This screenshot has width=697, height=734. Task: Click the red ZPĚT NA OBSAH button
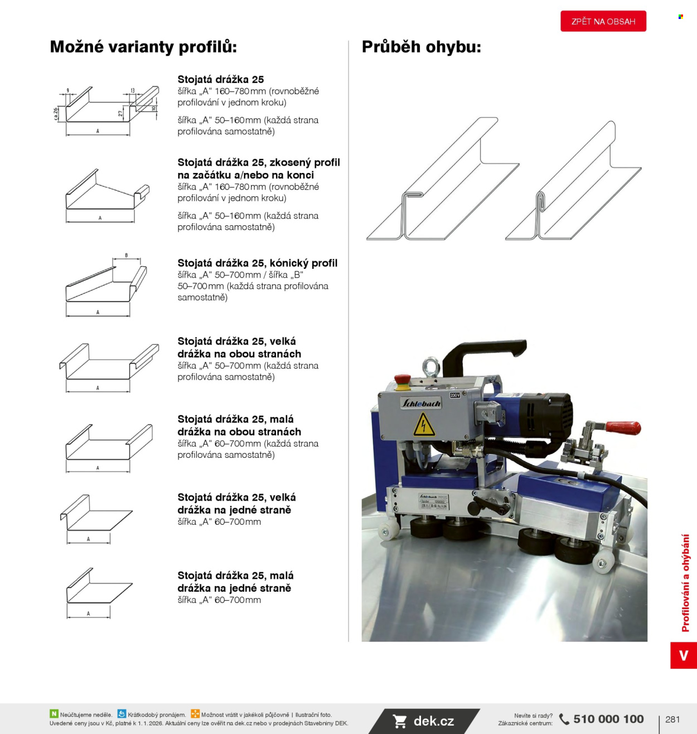click(x=603, y=21)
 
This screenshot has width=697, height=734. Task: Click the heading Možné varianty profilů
click(x=143, y=47)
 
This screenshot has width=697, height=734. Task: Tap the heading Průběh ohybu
click(x=422, y=47)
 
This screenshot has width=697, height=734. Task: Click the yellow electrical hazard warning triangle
click(x=424, y=425)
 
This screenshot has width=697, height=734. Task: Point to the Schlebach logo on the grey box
click(x=421, y=403)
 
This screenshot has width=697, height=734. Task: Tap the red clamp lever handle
click(x=623, y=427)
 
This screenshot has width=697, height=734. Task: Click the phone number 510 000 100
click(x=608, y=719)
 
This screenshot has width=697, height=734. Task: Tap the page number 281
click(x=672, y=719)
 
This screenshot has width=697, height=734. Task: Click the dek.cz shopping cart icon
click(x=399, y=721)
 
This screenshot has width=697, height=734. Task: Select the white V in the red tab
click(x=684, y=655)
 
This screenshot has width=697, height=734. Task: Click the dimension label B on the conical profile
click(x=127, y=255)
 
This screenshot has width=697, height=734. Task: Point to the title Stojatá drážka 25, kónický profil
click(x=257, y=263)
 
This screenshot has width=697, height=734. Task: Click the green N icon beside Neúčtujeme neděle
click(x=54, y=714)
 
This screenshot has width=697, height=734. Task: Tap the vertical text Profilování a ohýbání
click(x=685, y=583)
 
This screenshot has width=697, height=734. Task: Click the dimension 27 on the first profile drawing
click(x=120, y=113)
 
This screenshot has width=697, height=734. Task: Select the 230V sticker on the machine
click(x=454, y=395)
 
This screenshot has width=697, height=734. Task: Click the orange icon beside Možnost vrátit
click(x=195, y=714)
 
